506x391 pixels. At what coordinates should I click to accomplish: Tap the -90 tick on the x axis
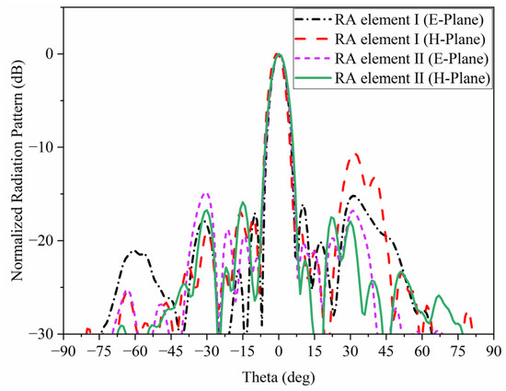[63, 351]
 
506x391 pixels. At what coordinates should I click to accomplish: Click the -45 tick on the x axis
[170, 351]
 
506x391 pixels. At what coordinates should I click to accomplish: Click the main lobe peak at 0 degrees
[278, 54]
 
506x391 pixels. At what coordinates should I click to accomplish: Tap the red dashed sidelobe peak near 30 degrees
[352, 154]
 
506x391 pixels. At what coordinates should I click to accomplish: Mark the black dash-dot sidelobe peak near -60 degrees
[136, 250]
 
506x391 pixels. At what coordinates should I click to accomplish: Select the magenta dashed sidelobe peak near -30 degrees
[206, 193]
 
